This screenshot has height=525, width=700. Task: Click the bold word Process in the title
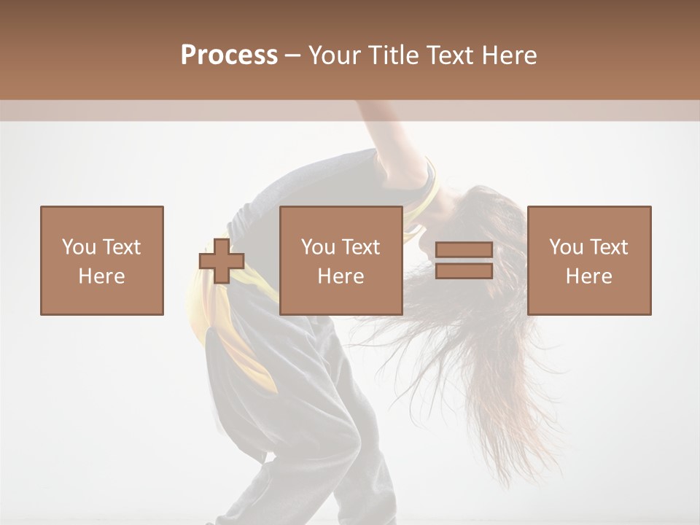229,55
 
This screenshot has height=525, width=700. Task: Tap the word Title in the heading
394,55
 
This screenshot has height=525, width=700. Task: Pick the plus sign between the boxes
222,261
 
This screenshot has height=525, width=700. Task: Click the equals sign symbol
464,261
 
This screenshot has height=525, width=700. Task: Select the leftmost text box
102,260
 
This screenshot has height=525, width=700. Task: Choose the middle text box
341,260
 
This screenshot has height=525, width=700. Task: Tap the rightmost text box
589,260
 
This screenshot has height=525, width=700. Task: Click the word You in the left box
79,247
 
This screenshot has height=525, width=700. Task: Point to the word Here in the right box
589,276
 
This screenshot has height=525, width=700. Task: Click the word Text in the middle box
361,247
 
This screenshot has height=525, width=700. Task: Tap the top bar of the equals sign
464,250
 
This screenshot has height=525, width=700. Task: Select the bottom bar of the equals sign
464,271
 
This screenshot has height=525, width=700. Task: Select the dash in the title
292,55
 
